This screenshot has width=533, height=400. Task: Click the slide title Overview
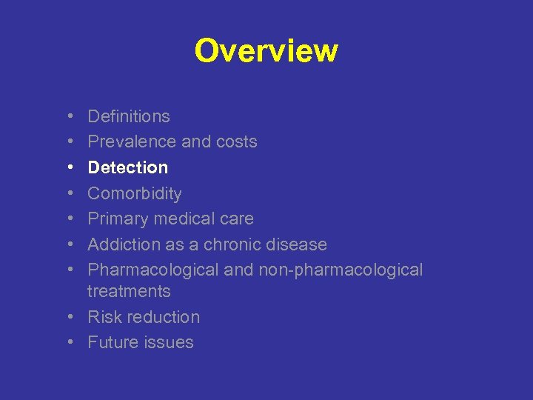tap(266, 51)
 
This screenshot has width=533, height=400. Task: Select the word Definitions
tap(129, 116)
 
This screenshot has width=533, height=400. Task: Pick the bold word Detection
tap(128, 167)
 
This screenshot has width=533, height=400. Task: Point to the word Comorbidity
tap(135, 193)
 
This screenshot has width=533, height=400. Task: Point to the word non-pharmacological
tap(341, 270)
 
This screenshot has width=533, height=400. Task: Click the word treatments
tap(129, 292)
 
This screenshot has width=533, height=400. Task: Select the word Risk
tap(102, 317)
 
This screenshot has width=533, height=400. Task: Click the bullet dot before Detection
tap(68, 167)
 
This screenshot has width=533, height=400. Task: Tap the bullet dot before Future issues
tap(68, 342)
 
